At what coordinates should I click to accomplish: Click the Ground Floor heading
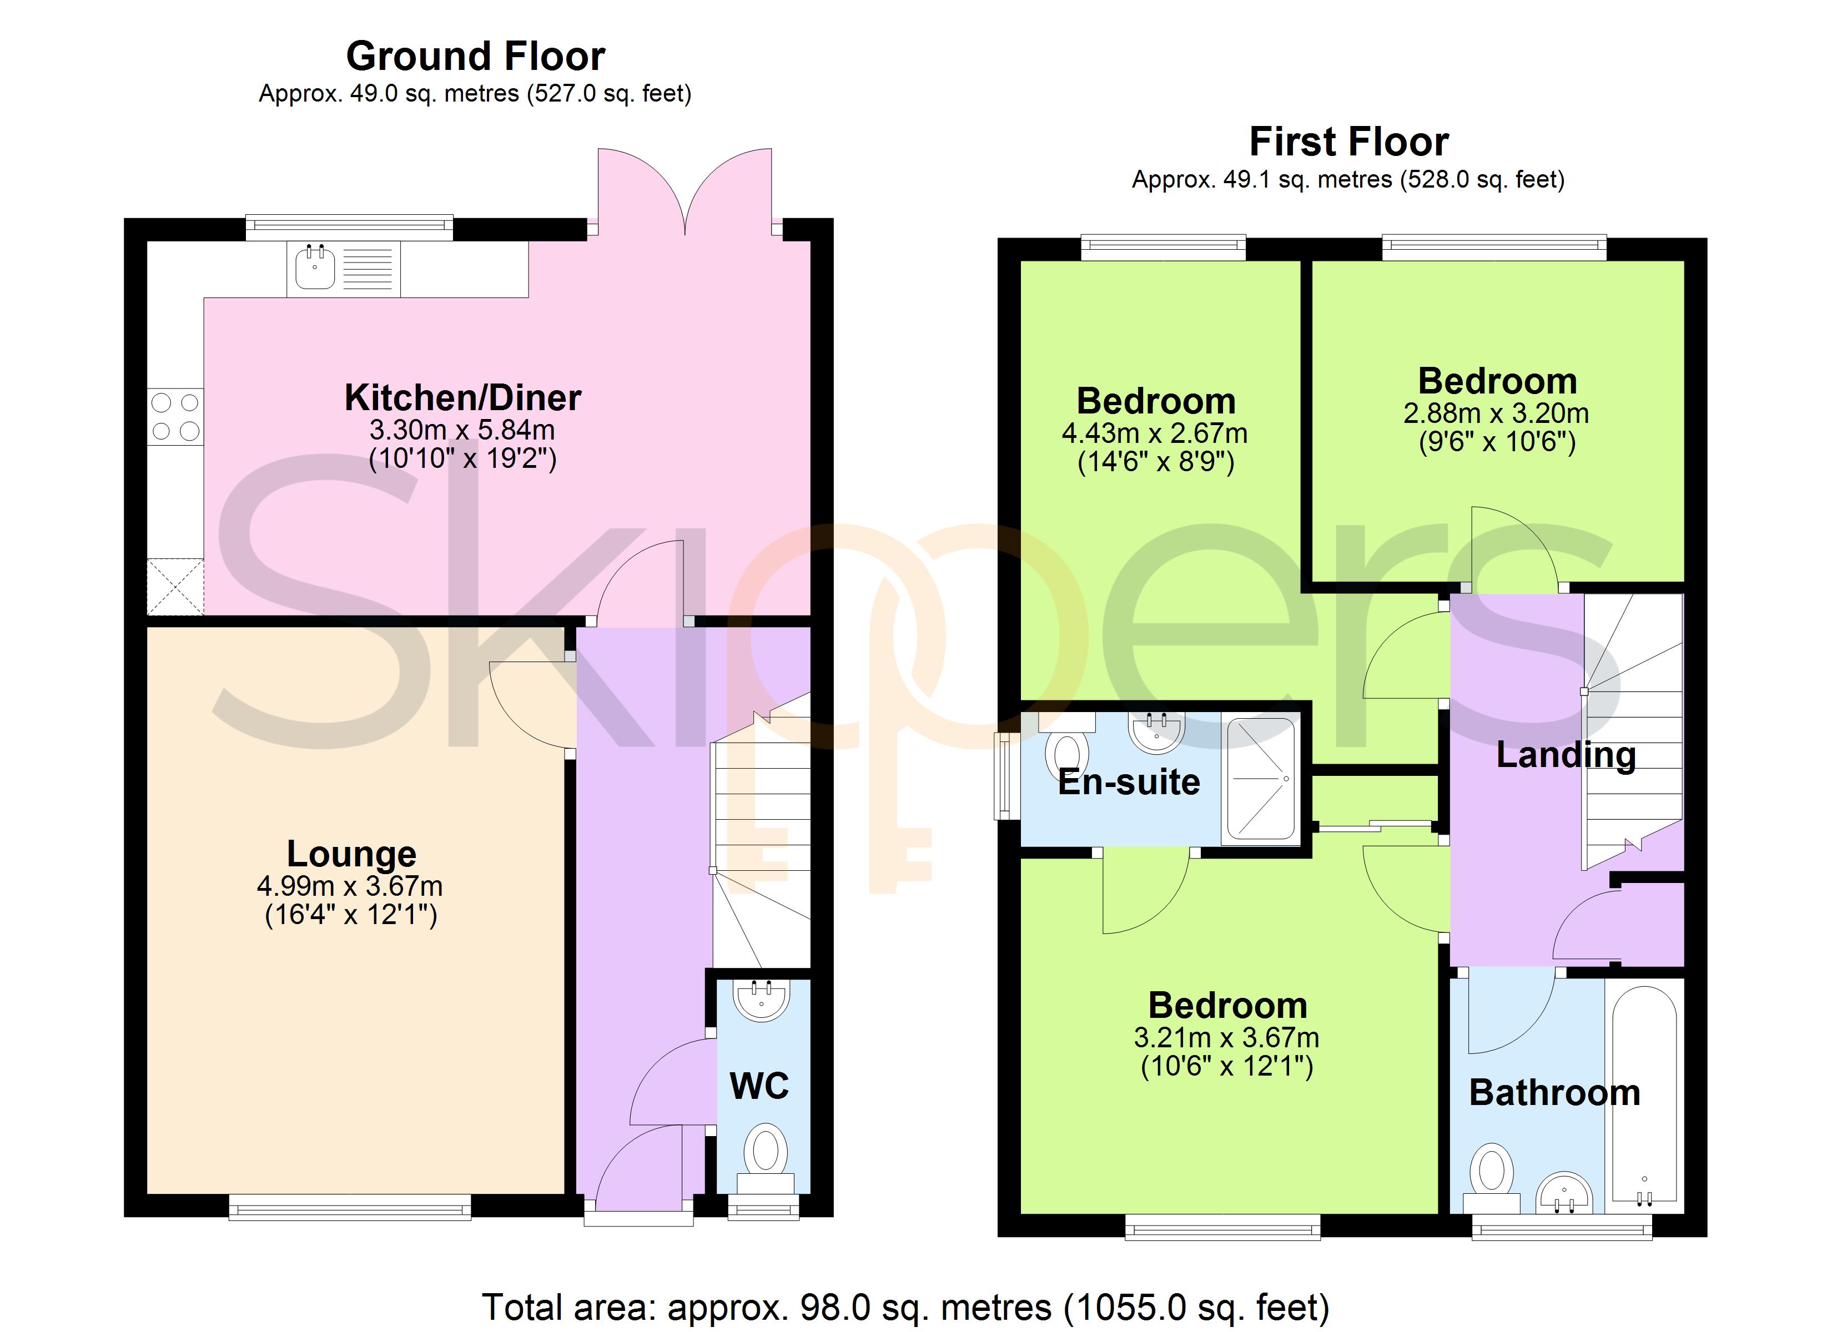click(x=475, y=57)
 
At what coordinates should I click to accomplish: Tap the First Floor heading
click(x=1349, y=142)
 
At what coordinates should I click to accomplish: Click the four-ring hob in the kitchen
click(x=175, y=417)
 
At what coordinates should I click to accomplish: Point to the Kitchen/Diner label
click(x=463, y=397)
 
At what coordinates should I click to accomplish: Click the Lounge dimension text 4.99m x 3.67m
click(x=350, y=886)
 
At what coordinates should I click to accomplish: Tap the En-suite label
click(x=1129, y=782)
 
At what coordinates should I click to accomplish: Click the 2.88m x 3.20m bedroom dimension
click(x=1496, y=413)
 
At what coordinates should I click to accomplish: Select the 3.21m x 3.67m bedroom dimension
click(x=1227, y=1037)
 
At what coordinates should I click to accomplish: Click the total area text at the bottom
click(x=905, y=1306)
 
